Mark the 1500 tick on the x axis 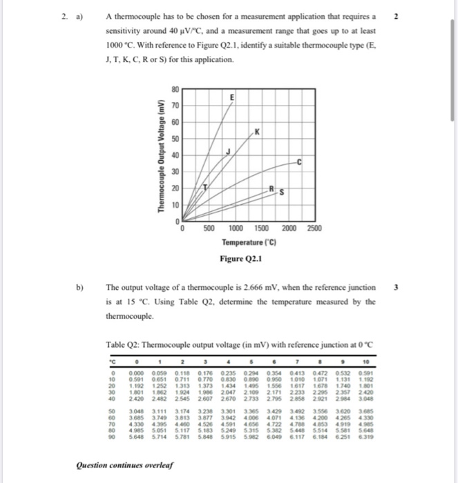pos(261,228)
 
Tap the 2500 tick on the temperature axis pos(314,228)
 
